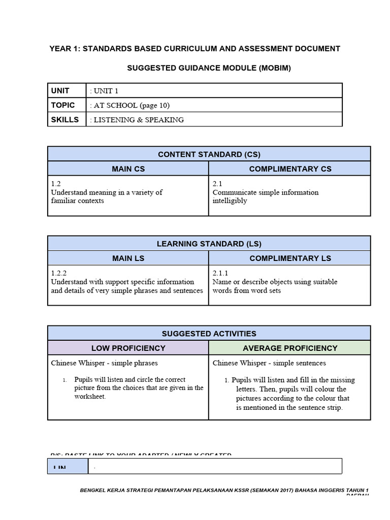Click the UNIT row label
coord(60,90)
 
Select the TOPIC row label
coord(63,105)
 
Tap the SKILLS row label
coord(65,120)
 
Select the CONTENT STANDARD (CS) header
coord(209,154)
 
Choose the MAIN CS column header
coord(128,169)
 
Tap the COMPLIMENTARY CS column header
coord(290,169)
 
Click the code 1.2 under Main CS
coord(56,184)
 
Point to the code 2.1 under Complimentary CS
coord(217,184)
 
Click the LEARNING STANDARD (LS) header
coord(209,244)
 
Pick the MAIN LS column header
coord(128,258)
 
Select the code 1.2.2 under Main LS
coord(59,273)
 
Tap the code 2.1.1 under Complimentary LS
coord(220,273)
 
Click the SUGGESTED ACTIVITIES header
coord(209,334)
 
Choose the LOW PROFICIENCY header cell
coord(128,348)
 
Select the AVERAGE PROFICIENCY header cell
coord(290,348)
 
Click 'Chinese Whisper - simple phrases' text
coord(104,363)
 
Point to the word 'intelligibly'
coord(230,201)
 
